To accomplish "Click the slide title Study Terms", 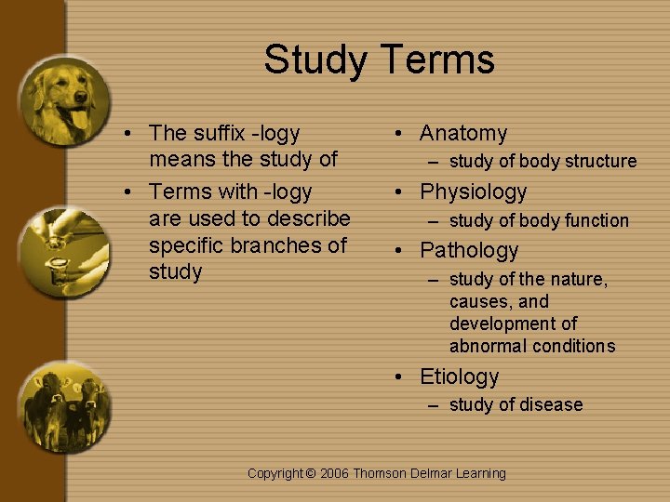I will tap(379, 60).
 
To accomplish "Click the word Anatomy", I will tap(463, 134).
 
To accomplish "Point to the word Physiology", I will tap(473, 192).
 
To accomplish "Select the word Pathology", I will tap(469, 251).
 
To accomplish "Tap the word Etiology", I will tap(459, 377).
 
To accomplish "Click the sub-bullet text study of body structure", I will tap(543, 162).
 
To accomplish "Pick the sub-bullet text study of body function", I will tap(539, 221).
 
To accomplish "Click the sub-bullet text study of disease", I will tap(516, 405).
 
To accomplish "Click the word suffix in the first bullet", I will tap(217, 134).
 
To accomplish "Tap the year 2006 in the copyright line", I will tap(334, 474).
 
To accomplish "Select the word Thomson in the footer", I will tap(379, 474).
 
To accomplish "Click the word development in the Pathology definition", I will tap(513, 324).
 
